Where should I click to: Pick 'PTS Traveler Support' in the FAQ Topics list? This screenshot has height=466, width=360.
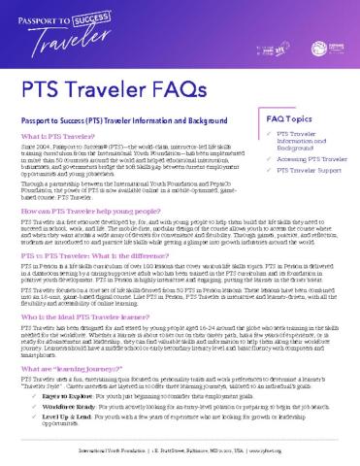click(303, 197)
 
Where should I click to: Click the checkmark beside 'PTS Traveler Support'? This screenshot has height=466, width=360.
click(270, 197)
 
